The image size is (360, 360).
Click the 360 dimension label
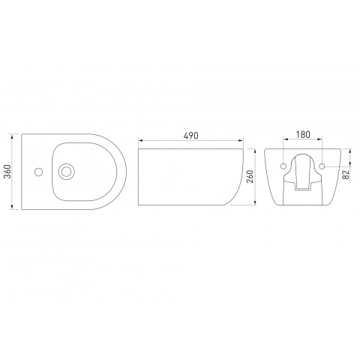(8, 172)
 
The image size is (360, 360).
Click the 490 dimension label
(190, 136)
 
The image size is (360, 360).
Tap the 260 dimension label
(250, 176)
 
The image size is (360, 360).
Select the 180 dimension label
(303, 134)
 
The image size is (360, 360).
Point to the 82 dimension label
(346, 175)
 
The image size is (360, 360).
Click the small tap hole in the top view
(38, 172)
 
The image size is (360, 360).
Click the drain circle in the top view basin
(66, 172)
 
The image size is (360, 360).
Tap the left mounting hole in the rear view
(283, 166)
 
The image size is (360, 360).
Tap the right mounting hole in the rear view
(322, 166)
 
